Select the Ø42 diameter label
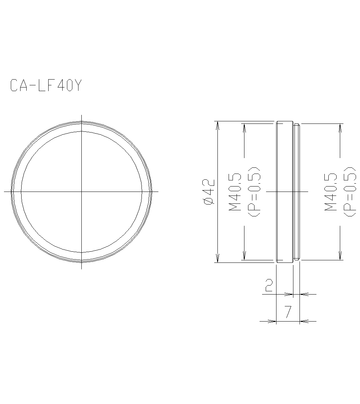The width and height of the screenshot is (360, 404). click(x=209, y=192)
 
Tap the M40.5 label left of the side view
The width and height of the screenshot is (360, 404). click(x=235, y=192)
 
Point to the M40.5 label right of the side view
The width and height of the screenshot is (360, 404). click(x=330, y=192)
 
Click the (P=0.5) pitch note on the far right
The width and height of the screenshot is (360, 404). click(x=349, y=192)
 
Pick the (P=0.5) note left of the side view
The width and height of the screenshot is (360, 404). click(x=254, y=192)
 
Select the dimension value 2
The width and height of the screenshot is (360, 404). click(x=269, y=285)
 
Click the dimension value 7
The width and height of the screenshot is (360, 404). click(x=288, y=312)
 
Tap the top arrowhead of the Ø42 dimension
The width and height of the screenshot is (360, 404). click(x=217, y=124)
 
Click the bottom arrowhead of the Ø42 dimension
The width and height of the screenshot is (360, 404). click(x=217, y=260)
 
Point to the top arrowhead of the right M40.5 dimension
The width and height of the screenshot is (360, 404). click(x=340, y=126)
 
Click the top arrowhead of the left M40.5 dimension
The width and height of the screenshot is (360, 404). click(x=244, y=126)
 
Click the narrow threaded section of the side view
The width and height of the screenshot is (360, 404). click(x=296, y=192)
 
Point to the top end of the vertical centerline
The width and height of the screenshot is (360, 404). click(x=82, y=115)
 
